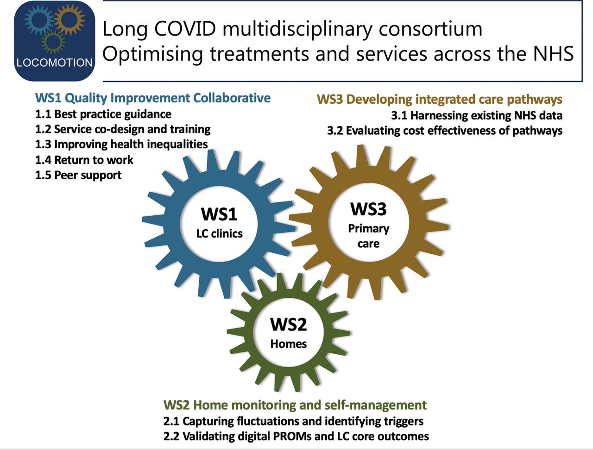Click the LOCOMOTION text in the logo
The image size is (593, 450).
[x=54, y=62]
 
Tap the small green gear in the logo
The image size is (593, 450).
[x=53, y=42]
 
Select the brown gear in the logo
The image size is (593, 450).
[x=69, y=19]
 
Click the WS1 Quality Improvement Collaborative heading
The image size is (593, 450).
[x=153, y=98]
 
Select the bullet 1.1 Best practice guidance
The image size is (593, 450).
[x=103, y=114]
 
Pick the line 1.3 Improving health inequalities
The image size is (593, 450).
[x=121, y=144]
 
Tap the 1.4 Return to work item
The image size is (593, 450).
[x=84, y=160]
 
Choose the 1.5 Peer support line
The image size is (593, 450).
[x=78, y=175]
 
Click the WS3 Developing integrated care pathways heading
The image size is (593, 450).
[x=440, y=100]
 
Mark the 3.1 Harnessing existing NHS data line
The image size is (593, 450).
[x=477, y=115]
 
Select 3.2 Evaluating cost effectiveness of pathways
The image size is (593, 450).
[x=445, y=131]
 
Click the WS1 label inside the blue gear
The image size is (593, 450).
[x=219, y=214]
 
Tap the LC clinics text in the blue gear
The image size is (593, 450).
[x=220, y=233]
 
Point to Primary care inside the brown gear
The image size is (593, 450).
[x=368, y=236]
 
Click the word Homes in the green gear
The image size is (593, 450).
[x=289, y=344]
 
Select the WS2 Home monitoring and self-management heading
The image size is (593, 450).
[x=295, y=405]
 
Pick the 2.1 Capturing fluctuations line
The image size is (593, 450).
[x=293, y=421]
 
